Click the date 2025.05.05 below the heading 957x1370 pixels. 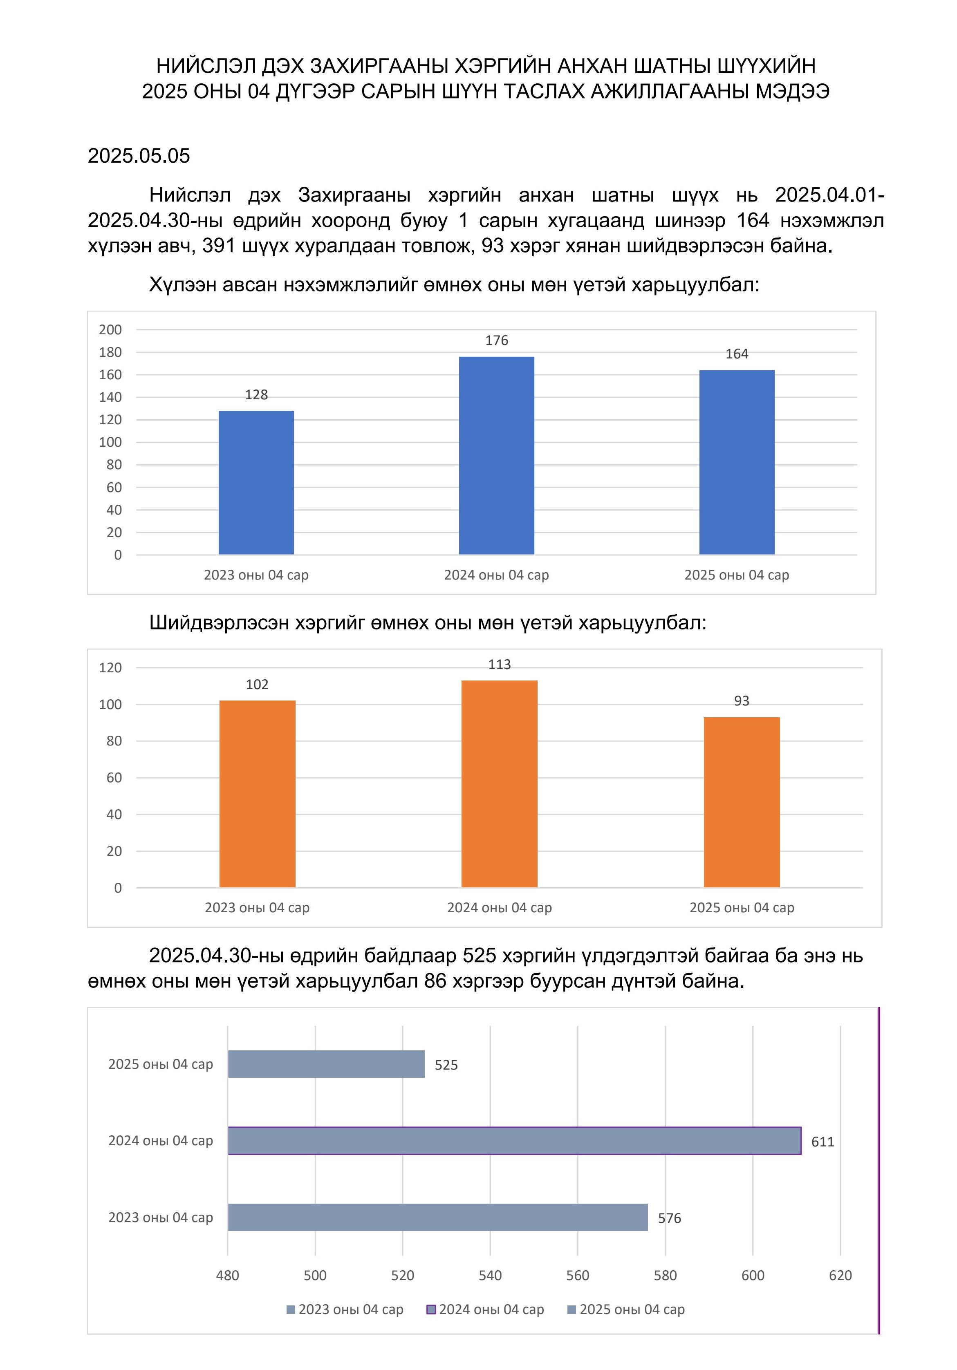click(139, 156)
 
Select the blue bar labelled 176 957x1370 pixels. click(496, 455)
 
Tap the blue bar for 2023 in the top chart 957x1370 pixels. click(256, 483)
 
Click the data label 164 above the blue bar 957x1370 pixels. click(737, 354)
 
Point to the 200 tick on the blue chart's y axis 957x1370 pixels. click(110, 329)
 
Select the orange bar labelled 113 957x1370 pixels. click(500, 783)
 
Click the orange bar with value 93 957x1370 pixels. click(742, 802)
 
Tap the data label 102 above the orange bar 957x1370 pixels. click(257, 685)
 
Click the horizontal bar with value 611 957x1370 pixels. click(514, 1141)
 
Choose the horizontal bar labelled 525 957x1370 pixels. click(326, 1064)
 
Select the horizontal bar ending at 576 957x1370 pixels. click(438, 1217)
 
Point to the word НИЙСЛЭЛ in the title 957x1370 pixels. click(206, 66)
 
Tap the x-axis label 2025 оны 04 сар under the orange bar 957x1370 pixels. click(742, 908)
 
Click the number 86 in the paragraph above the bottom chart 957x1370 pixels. click(435, 980)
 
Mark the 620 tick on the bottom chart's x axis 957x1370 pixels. click(840, 1275)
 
